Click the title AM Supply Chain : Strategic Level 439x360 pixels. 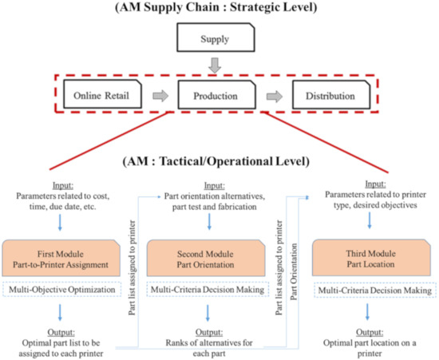coord(219,9)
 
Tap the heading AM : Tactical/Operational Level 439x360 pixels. coord(219,159)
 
